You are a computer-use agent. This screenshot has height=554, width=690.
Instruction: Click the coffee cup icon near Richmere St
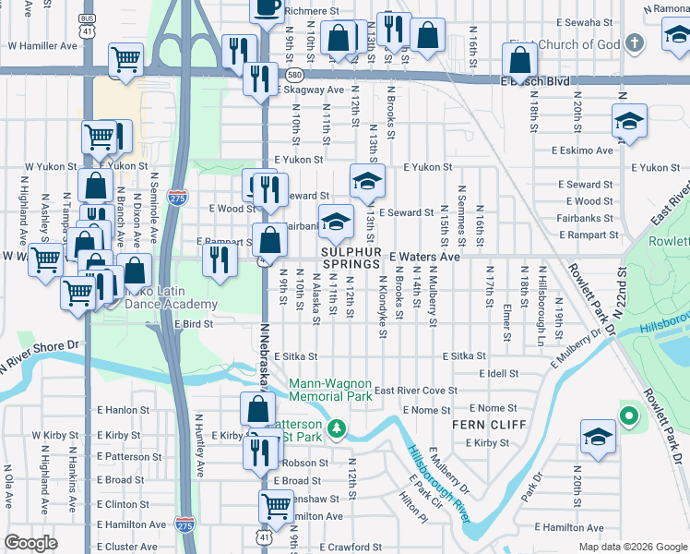point(268,8)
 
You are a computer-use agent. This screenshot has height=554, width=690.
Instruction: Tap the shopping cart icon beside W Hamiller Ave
point(125,60)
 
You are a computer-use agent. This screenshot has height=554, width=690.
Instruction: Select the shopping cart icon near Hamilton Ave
point(277,505)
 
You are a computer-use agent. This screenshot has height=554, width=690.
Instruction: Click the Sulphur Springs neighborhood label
point(351,258)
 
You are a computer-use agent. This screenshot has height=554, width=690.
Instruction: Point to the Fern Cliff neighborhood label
point(489,425)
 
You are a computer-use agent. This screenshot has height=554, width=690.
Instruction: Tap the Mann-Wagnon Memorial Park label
point(330,390)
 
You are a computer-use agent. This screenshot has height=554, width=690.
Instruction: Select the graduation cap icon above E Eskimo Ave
point(629,122)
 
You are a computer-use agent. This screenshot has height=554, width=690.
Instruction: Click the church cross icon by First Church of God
point(634,43)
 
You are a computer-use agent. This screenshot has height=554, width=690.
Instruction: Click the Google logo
point(31,543)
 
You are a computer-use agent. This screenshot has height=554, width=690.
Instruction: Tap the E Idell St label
point(498,373)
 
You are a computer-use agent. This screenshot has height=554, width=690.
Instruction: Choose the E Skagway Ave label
point(310,90)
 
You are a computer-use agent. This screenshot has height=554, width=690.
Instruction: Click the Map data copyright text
point(632,546)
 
